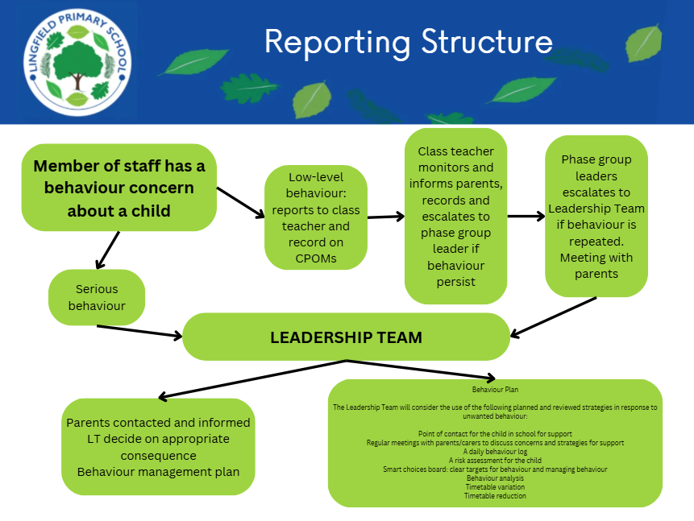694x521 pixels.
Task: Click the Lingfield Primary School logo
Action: coord(77,63)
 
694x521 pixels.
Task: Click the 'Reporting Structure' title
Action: coord(409,42)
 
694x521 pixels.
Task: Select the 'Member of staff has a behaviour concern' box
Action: coord(119,188)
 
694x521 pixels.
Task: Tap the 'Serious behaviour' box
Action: coord(97,297)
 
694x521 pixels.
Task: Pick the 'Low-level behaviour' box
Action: coord(315,217)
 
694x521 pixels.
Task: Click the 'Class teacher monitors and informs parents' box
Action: coord(455,216)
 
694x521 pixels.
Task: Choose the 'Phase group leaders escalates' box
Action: coord(596,216)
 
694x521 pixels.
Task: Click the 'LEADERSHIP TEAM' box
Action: coord(346,337)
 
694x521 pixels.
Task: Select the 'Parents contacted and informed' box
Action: coord(158,446)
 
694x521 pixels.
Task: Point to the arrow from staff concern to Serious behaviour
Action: coord(107,250)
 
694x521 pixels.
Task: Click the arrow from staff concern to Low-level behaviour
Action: coord(240,202)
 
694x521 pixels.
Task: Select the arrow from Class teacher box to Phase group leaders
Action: coord(526,216)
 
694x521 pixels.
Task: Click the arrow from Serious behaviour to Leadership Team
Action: coord(139,331)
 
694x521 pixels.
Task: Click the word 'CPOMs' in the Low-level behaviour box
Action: coord(315,258)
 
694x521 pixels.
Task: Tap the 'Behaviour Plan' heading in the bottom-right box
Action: coord(495,389)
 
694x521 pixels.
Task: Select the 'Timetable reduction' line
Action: coord(495,496)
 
